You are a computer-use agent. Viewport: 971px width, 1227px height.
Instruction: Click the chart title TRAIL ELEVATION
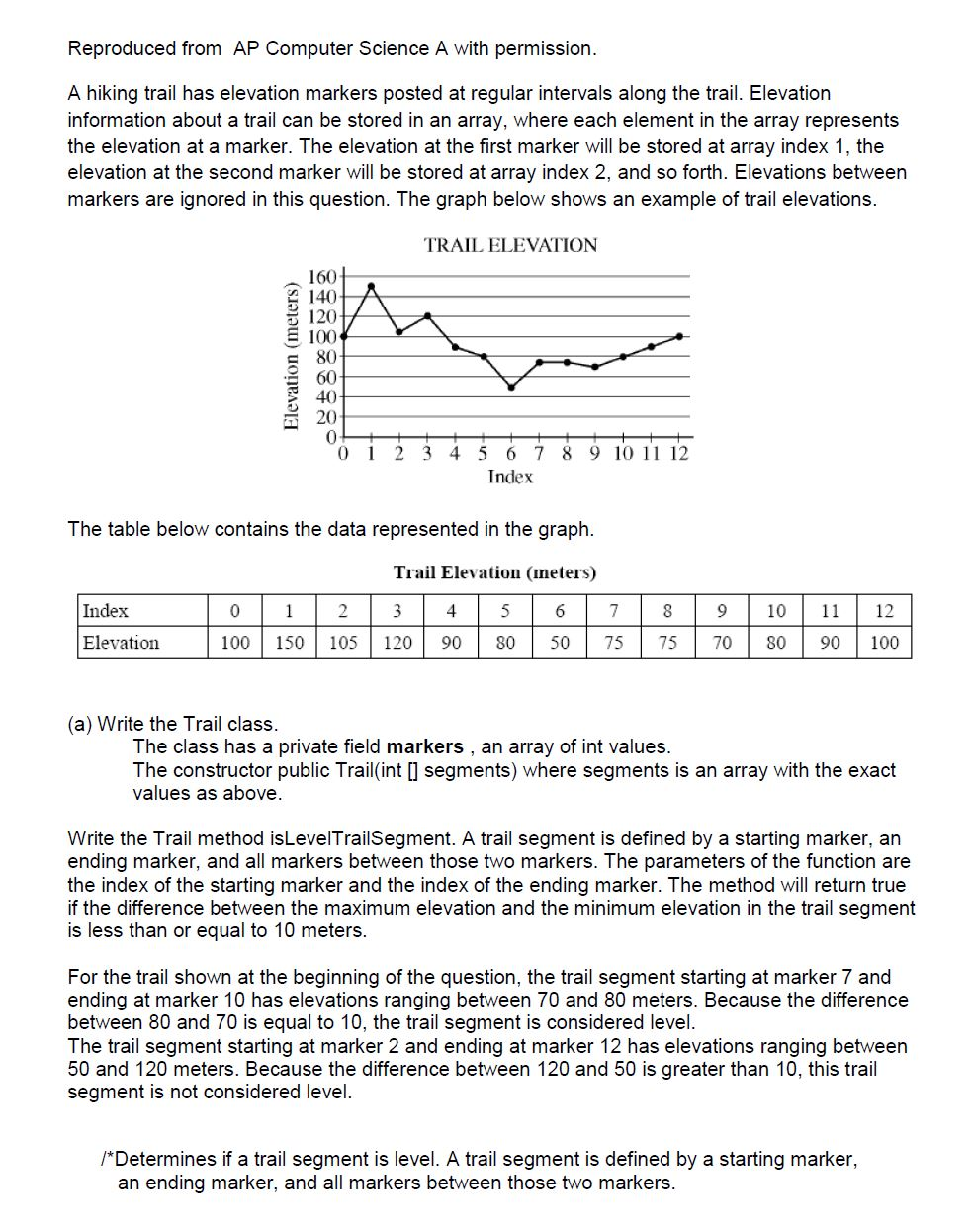click(x=510, y=245)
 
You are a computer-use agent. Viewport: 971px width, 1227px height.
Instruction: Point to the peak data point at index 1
click(x=371, y=286)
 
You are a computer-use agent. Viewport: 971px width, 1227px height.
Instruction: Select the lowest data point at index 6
click(x=511, y=387)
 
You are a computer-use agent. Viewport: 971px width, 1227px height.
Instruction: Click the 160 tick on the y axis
click(x=323, y=275)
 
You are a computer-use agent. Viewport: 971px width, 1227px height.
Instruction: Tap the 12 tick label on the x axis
click(x=678, y=454)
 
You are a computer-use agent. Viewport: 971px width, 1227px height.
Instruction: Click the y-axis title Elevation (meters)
click(x=291, y=356)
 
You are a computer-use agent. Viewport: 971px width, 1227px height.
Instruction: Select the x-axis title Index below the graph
click(x=510, y=477)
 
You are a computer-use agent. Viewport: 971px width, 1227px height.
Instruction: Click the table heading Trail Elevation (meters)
click(x=494, y=572)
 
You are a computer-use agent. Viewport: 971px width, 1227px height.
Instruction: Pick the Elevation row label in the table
click(x=121, y=643)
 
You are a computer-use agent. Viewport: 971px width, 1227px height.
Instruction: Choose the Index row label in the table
click(x=106, y=611)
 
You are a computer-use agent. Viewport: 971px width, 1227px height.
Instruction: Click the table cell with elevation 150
click(x=289, y=643)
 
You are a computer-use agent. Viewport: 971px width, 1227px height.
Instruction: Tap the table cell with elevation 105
click(x=343, y=643)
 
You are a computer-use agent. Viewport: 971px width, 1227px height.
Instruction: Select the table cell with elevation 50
click(x=560, y=643)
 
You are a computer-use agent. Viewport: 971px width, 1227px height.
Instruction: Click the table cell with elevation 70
click(x=722, y=643)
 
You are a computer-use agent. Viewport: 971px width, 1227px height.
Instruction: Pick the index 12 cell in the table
click(x=884, y=611)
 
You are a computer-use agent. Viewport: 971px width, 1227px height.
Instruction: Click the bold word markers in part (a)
click(x=424, y=746)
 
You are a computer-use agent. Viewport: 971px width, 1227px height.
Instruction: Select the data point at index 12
click(x=679, y=336)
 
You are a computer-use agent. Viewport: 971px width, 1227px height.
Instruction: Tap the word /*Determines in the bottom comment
click(x=159, y=1159)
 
